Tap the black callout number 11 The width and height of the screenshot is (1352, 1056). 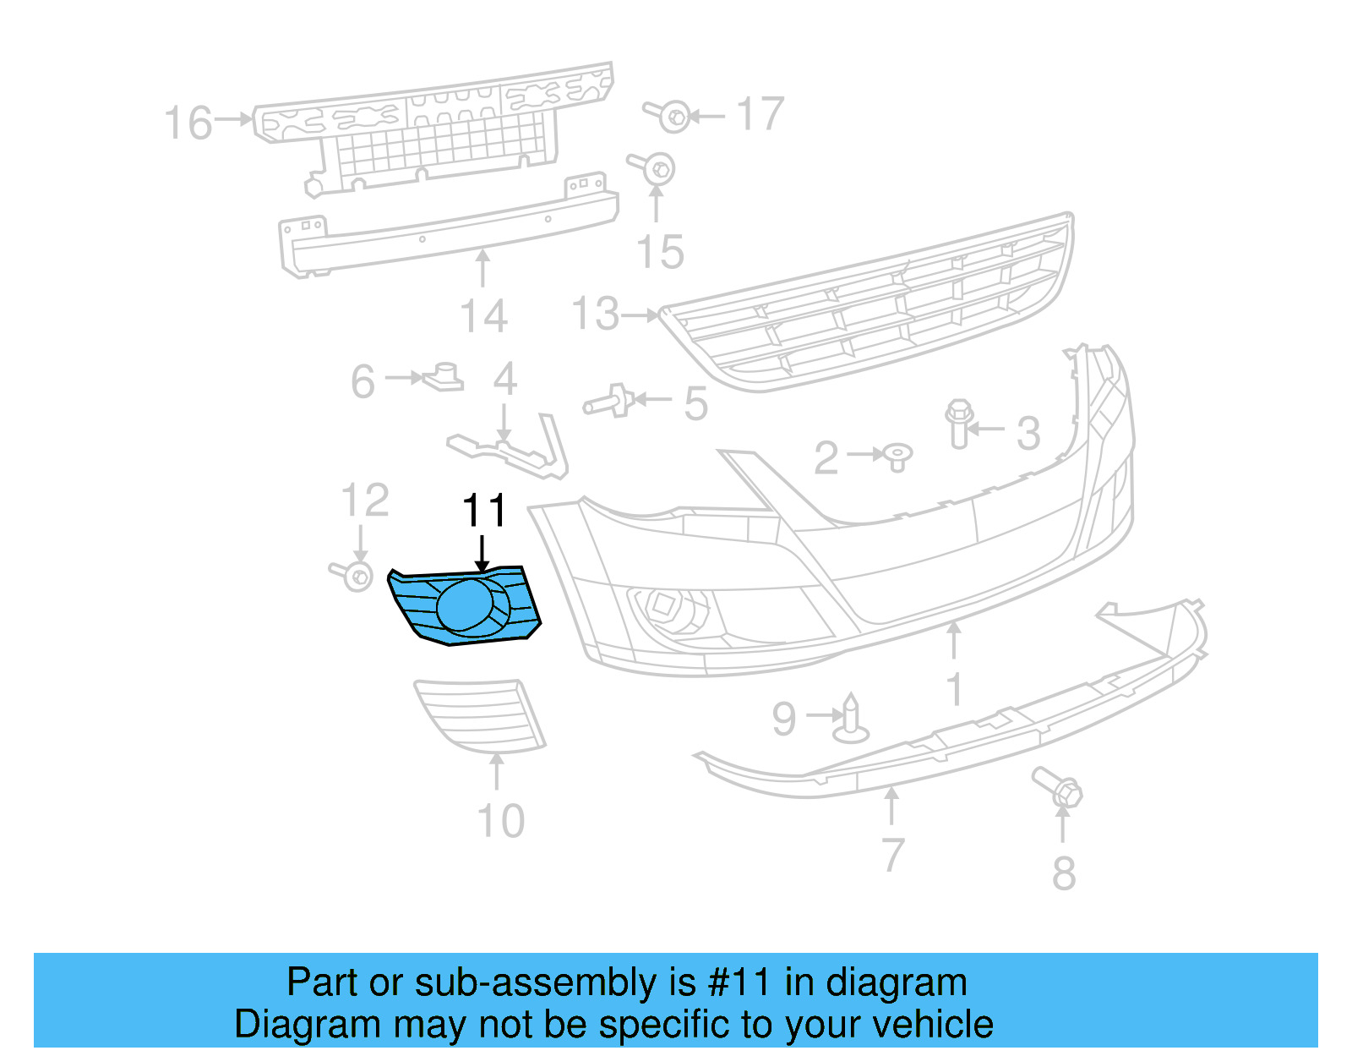[x=484, y=511]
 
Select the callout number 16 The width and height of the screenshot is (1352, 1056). [x=188, y=123]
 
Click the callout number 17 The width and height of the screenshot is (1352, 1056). [x=760, y=114]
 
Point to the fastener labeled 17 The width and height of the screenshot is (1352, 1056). [x=671, y=116]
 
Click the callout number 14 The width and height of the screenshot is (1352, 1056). [x=483, y=316]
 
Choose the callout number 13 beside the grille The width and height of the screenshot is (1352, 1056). [x=596, y=314]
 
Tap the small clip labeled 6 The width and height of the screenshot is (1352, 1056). [x=444, y=377]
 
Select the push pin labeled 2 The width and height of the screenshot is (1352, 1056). [x=897, y=457]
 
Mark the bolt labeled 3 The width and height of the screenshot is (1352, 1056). [x=958, y=424]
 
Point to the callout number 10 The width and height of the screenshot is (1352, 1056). [x=501, y=821]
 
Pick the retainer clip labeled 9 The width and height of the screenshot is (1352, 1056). [x=851, y=719]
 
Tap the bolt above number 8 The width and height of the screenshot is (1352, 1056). [x=1061, y=789]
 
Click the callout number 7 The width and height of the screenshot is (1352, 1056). [x=893, y=855]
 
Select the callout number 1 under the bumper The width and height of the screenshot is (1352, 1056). [x=955, y=689]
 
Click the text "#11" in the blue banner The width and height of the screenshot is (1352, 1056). [x=739, y=982]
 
